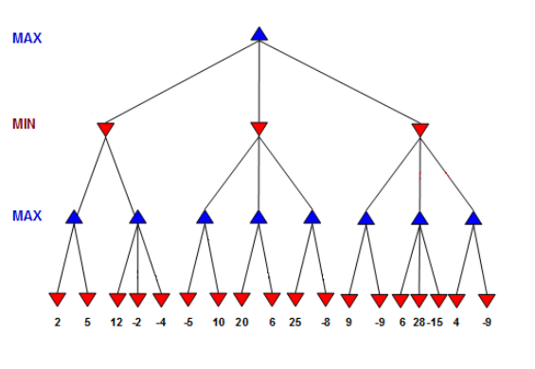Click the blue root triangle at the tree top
259,34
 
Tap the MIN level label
24,124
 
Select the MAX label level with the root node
27,39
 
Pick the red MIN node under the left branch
105,129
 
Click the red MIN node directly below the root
259,129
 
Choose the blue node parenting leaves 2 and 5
75,218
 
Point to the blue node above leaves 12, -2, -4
138,218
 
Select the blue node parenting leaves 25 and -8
312,218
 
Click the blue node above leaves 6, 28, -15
419,218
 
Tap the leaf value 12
116,323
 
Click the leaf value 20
241,323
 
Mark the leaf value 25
295,323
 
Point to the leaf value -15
435,323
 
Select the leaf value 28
418,323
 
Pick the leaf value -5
189,323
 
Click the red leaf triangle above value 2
57,300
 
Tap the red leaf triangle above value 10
219,300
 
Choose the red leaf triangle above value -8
326,300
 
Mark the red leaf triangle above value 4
456,300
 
